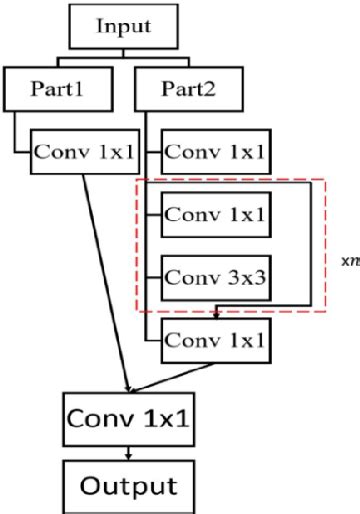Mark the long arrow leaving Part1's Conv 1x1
click(107, 280)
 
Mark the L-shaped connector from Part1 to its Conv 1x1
click(22, 135)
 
